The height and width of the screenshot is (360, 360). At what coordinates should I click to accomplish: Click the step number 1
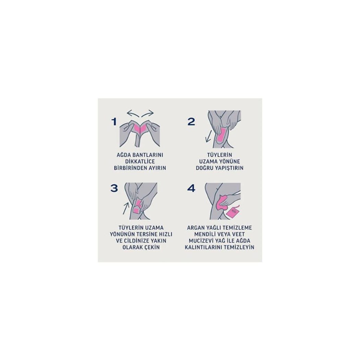(114, 122)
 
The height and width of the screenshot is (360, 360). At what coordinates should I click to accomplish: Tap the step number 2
(191, 122)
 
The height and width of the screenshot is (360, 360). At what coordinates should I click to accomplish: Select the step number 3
(114, 189)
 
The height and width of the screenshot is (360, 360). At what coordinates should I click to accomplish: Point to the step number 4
(191, 189)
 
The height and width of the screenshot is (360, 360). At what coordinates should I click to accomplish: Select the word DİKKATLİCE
(140, 161)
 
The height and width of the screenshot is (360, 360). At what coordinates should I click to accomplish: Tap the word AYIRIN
(157, 168)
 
